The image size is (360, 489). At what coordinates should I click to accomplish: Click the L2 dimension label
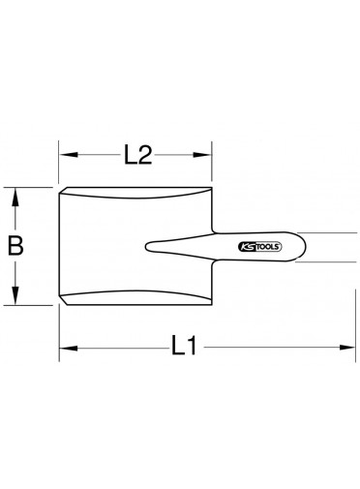(138, 155)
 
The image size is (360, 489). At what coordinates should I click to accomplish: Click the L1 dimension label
(184, 346)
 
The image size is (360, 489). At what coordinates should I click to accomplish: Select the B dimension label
(15, 246)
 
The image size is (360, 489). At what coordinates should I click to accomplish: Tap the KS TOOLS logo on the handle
(259, 247)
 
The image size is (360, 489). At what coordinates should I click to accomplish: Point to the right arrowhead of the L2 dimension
(202, 155)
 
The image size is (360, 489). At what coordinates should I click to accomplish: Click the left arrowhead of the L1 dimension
(69, 348)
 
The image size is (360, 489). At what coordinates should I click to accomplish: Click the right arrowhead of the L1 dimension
(345, 348)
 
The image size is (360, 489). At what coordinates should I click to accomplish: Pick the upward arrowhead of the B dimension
(15, 198)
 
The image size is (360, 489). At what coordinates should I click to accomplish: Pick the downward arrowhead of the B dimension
(15, 295)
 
